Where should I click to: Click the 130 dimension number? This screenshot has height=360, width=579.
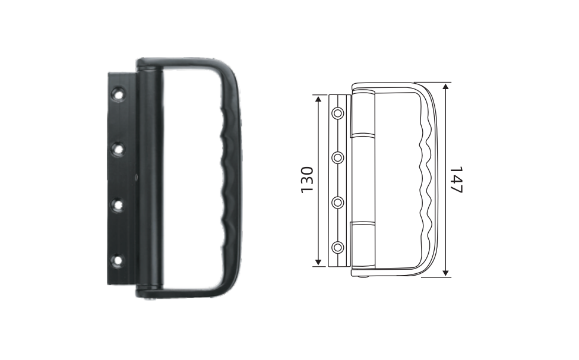[307, 180]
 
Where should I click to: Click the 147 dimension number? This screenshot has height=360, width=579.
[457, 180]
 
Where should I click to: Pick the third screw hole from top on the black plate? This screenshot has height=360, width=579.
[118, 204]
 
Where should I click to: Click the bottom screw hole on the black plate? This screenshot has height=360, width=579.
[118, 261]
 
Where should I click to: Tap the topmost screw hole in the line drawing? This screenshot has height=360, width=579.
[337, 113]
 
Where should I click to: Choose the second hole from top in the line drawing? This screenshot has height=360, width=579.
[337, 158]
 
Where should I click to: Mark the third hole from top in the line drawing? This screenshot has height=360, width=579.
[337, 203]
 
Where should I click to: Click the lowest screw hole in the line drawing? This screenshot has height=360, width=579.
[337, 247]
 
